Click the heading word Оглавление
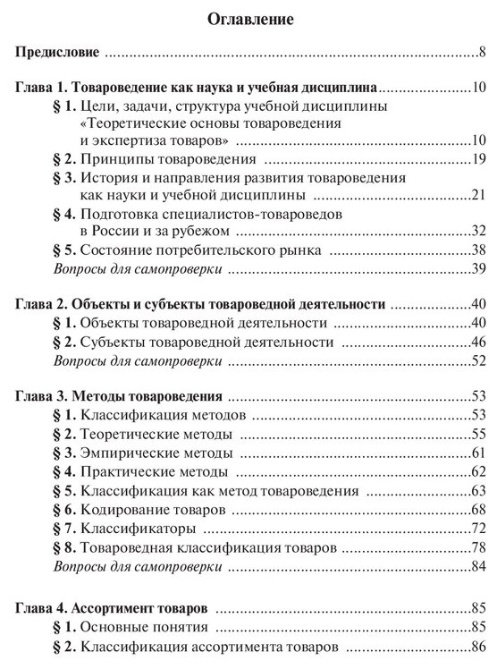[248, 18]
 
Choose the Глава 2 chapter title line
[200, 304]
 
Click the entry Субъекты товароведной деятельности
[195, 342]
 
